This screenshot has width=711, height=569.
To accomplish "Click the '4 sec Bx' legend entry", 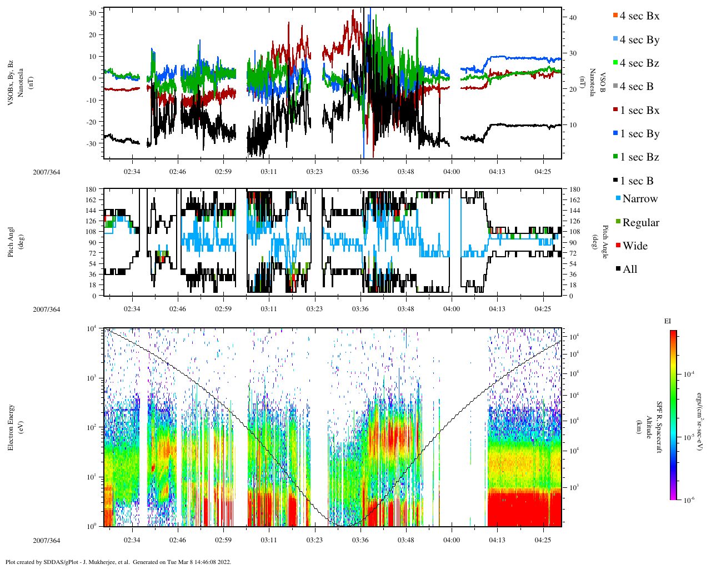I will tap(639, 16).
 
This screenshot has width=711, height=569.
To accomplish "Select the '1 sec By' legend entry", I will tap(639, 134).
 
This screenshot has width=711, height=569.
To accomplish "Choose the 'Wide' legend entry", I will tap(635, 246).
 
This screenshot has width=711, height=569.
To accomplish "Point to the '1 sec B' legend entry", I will tap(637, 181).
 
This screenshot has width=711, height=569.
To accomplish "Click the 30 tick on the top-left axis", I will tap(92, 13).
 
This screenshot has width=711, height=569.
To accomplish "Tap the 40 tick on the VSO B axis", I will tap(572, 18).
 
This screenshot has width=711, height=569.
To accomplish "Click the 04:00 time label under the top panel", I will tap(452, 172).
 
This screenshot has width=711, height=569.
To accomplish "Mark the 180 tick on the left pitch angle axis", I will tap(91, 189).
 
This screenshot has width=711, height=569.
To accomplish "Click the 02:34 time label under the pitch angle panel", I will tap(132, 310).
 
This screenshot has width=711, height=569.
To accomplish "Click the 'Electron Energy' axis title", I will tap(11, 427).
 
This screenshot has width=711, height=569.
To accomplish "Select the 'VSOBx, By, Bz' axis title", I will tap(11, 83).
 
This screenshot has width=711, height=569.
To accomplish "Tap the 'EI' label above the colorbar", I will tap(668, 321).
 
